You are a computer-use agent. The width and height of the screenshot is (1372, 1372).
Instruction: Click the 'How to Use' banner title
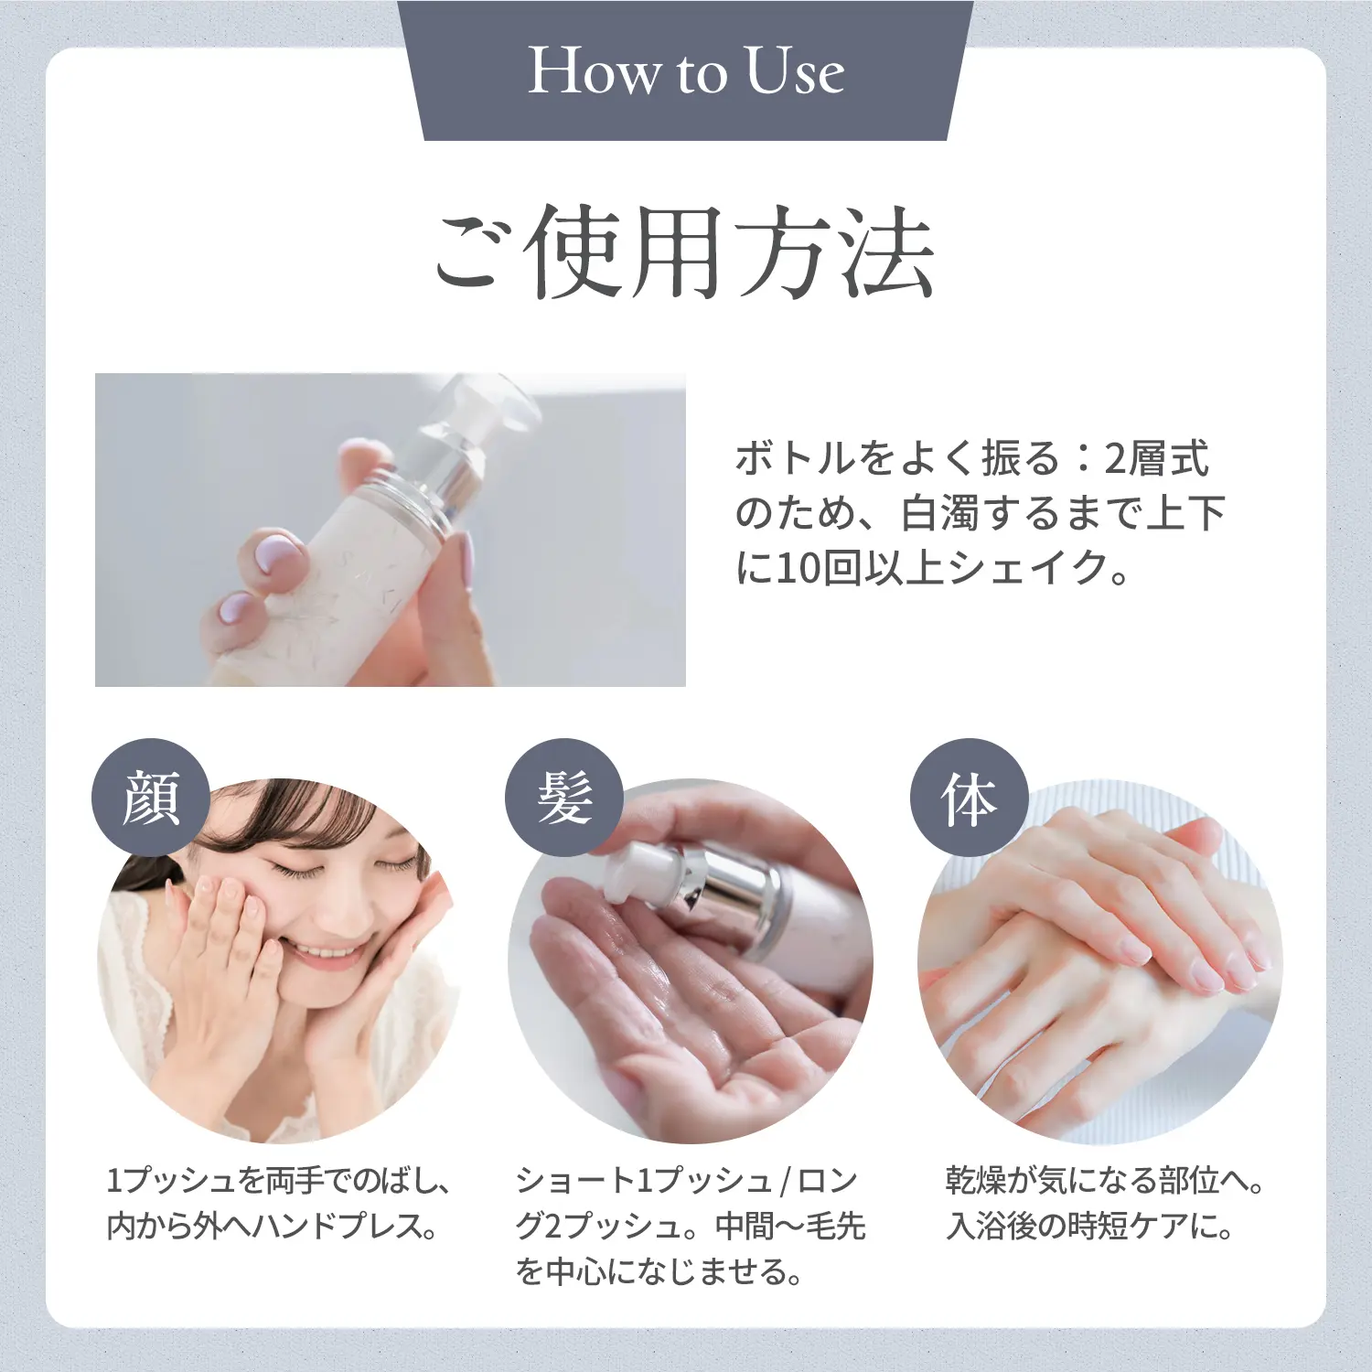pyautogui.click(x=686, y=71)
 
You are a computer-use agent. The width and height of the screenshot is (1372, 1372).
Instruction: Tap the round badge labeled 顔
pyautogui.click(x=151, y=798)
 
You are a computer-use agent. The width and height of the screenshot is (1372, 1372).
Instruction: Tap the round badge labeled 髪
pyautogui.click(x=564, y=798)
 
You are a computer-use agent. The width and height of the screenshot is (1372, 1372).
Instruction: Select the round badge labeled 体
pyautogui.click(x=969, y=798)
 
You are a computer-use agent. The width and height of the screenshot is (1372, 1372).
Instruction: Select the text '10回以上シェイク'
pyautogui.click(x=942, y=568)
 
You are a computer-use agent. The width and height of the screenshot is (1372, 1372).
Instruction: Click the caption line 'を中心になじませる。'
pyautogui.click(x=659, y=1271)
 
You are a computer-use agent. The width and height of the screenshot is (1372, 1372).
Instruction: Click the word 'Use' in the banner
pyautogui.click(x=794, y=71)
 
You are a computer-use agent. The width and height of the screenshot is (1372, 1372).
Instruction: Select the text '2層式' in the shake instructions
pyautogui.click(x=1157, y=458)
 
